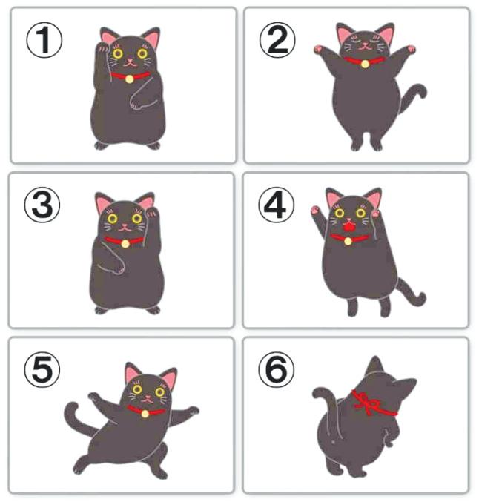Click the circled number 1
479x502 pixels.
(x=44, y=40)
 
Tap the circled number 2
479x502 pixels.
(x=277, y=40)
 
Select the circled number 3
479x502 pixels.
(x=42, y=205)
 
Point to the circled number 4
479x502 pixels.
(x=276, y=205)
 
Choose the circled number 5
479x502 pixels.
(x=42, y=370)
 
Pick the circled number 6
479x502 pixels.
(x=276, y=370)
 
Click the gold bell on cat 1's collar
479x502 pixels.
(x=129, y=79)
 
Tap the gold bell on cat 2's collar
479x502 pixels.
(x=365, y=64)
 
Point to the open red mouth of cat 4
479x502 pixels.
(x=348, y=227)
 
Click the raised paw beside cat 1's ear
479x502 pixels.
(x=103, y=47)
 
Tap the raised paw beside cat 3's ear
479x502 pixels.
(x=151, y=212)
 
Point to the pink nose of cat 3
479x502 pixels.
(x=125, y=225)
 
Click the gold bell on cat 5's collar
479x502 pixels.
(x=145, y=414)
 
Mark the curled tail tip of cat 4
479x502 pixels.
(x=420, y=298)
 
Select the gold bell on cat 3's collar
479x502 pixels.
(x=125, y=244)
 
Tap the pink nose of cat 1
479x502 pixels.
(x=130, y=61)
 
